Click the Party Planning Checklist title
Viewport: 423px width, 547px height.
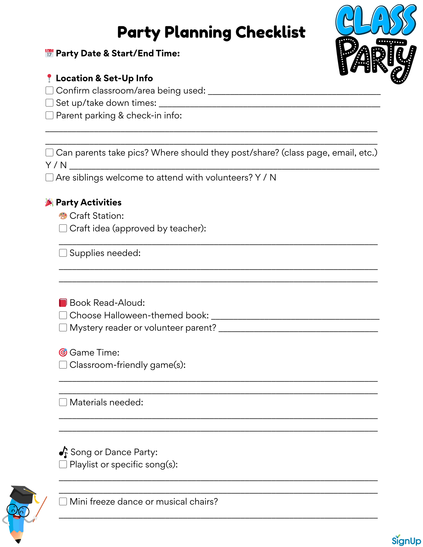click(211, 32)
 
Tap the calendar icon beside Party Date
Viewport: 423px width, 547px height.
click(49, 53)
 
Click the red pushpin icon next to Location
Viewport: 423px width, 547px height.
click(49, 78)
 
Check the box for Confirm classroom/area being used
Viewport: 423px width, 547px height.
click(49, 90)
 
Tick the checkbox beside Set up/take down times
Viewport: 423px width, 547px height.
click(49, 103)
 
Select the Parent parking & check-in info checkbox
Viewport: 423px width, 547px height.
click(49, 115)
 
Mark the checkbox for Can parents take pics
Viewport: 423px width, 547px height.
click(49, 152)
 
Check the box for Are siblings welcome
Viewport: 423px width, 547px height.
click(49, 177)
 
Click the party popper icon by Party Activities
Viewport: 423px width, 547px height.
click(49, 202)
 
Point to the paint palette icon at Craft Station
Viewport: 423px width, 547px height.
click(63, 216)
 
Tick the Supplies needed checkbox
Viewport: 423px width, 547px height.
click(63, 253)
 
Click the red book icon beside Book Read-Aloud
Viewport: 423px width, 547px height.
click(63, 302)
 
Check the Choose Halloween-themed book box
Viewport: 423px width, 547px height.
click(63, 315)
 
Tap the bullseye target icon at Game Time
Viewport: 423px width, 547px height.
click(63, 352)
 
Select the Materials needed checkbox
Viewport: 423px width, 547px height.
click(63, 402)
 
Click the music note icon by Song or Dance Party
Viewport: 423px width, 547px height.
click(64, 452)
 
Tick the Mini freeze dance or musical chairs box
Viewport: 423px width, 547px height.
click(63, 501)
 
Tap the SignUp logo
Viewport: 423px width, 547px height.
click(406, 540)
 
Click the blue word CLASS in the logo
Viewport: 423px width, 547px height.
click(376, 21)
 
